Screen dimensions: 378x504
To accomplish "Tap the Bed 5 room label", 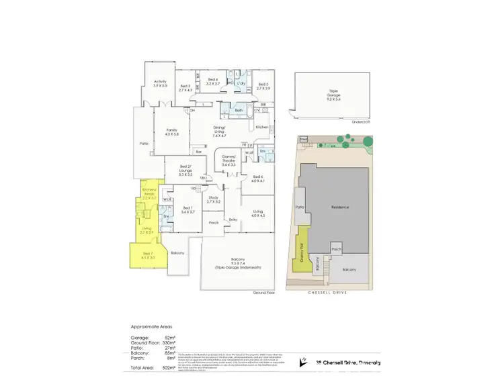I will (x=263, y=86).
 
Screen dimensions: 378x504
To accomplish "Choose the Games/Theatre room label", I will (x=228, y=162).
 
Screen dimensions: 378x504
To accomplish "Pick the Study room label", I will (x=214, y=199).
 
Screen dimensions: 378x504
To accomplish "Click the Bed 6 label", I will (x=258, y=179).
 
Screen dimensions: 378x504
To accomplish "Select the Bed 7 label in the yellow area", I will (x=148, y=255).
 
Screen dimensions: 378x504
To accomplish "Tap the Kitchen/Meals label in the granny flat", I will (x=149, y=195).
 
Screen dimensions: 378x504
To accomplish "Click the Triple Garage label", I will (x=334, y=94).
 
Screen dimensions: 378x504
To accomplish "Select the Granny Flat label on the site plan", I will (x=303, y=254).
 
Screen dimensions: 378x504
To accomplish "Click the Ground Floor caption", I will (x=265, y=293).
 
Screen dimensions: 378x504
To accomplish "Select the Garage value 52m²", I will (x=169, y=338).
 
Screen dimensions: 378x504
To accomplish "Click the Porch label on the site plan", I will (x=337, y=248).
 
